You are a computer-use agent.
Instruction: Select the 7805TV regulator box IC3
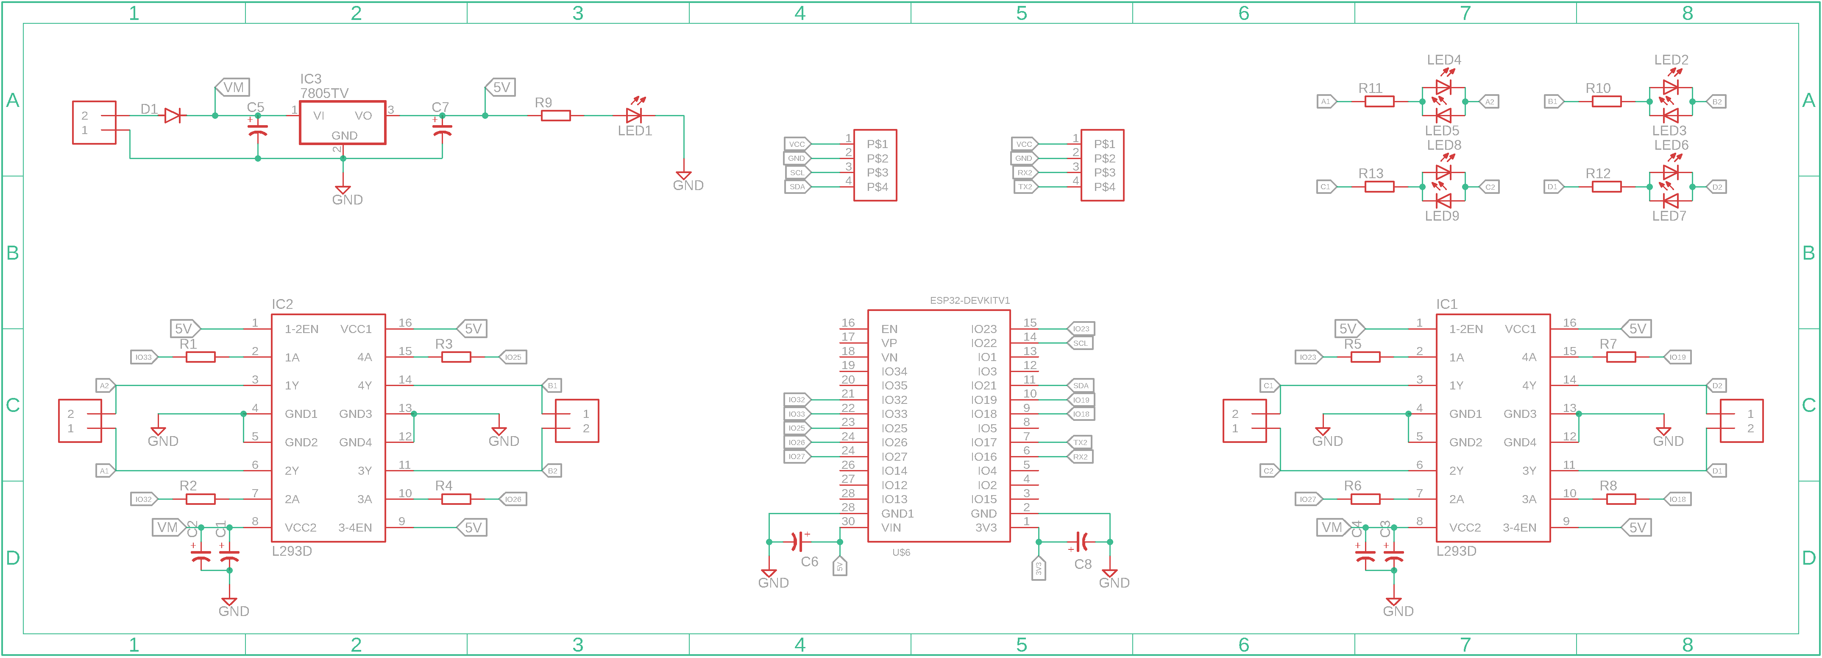(343, 123)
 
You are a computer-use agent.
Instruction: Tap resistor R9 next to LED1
(555, 115)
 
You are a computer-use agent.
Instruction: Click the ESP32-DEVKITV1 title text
(969, 301)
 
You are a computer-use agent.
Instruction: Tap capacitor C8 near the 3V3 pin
(1081, 542)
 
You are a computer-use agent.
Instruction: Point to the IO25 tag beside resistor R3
(513, 357)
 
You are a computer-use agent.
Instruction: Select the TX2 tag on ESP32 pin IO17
(1080, 442)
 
